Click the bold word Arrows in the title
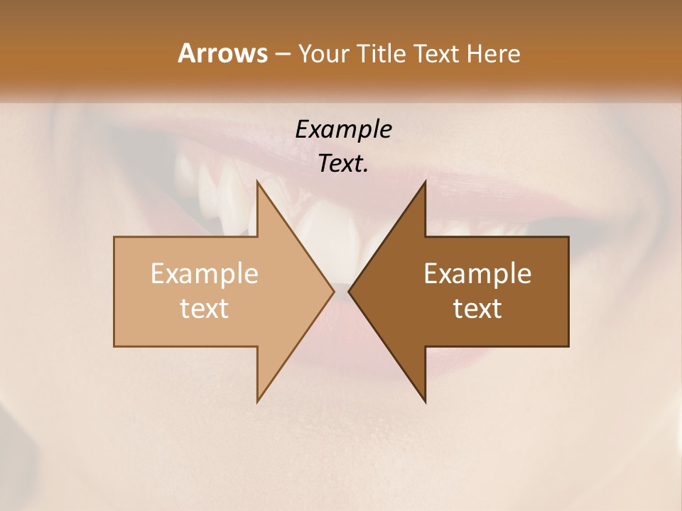(222, 53)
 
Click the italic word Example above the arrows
(343, 130)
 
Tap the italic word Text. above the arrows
(343, 164)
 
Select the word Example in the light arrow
(205, 273)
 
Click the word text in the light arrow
(205, 309)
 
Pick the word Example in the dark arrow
(477, 273)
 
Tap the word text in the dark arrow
(477, 309)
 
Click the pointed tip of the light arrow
(333, 291)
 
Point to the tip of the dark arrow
(350, 291)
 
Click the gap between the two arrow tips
(342, 291)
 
